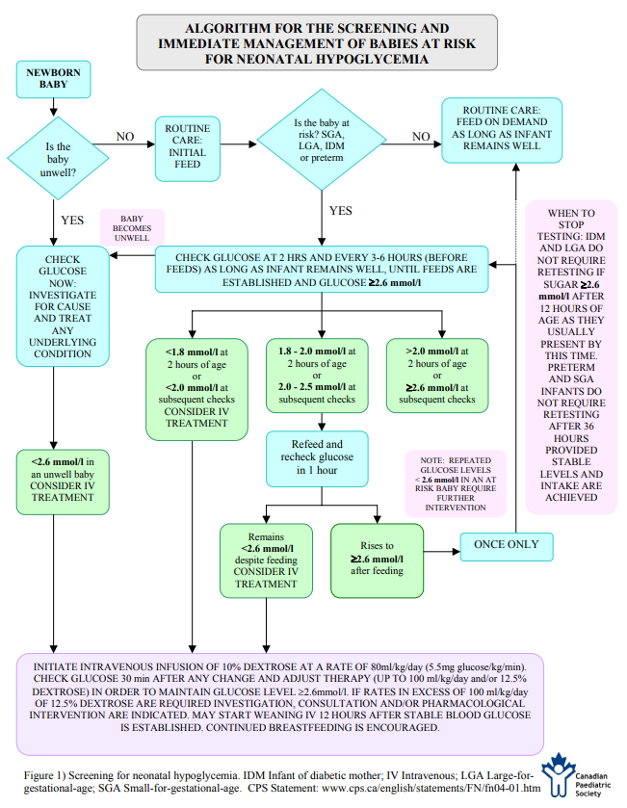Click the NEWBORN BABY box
pos(54,79)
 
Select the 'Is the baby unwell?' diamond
pos(58,158)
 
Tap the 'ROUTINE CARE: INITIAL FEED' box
pos(188,149)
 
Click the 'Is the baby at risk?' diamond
pos(322,140)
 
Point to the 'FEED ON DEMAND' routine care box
pos(502,130)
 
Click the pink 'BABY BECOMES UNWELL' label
pos(132,228)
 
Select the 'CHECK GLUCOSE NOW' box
pos(63,306)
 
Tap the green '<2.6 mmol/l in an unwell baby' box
pos(63,482)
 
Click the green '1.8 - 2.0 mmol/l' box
pos(317,376)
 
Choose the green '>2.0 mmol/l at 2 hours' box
pos(437,376)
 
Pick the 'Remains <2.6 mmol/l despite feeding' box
pos(266,560)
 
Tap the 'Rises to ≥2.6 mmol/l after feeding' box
pos(378,560)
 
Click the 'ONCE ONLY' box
pos(507,547)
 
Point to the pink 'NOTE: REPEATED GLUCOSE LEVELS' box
pos(456,483)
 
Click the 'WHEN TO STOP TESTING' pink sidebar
pos(571,357)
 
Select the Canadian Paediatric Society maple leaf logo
pos(559,774)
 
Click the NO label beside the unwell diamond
pos(125,137)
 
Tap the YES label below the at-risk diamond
pos(341,211)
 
